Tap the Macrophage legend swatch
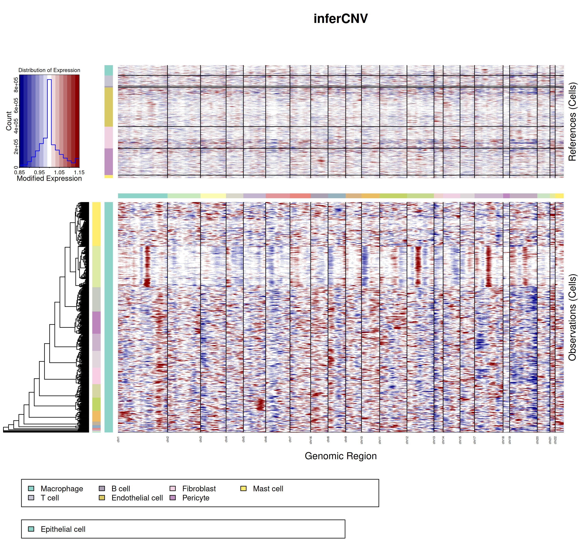(x=31, y=488)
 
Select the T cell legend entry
(x=50, y=498)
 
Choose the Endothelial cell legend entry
(x=137, y=498)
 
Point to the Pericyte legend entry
(x=196, y=498)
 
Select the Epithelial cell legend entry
(x=63, y=529)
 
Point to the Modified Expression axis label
(x=49, y=178)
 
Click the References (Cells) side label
(x=572, y=122)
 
